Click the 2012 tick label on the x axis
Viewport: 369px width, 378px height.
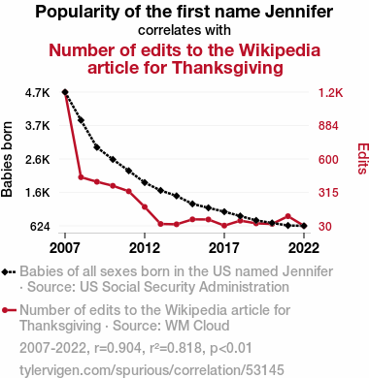tap(145, 248)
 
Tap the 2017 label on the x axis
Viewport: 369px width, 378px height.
tap(224, 248)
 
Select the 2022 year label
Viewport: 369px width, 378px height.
tap(304, 248)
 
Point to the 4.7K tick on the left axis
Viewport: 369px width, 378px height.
tap(38, 93)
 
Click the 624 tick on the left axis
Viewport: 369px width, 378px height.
tap(40, 227)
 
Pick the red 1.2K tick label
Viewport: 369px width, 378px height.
tap(330, 93)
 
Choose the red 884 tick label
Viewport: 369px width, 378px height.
tap(328, 126)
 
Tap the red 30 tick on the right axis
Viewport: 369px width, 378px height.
tap(325, 227)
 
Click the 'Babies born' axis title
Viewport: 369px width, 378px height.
tap(7, 159)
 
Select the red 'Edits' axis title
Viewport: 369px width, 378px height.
tap(363, 159)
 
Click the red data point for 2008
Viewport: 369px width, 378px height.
tap(81, 177)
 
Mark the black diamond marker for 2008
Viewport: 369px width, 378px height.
tap(81, 120)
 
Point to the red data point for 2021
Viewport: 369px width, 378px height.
tap(288, 216)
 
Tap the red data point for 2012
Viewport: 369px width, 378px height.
tap(145, 206)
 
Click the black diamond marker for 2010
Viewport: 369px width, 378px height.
tap(113, 159)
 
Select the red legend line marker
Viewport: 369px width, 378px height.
tap(9, 310)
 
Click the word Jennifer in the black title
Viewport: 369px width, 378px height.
tap(299, 12)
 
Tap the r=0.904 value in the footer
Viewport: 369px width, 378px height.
tap(117, 348)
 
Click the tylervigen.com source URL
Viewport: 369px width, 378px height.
tap(151, 370)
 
